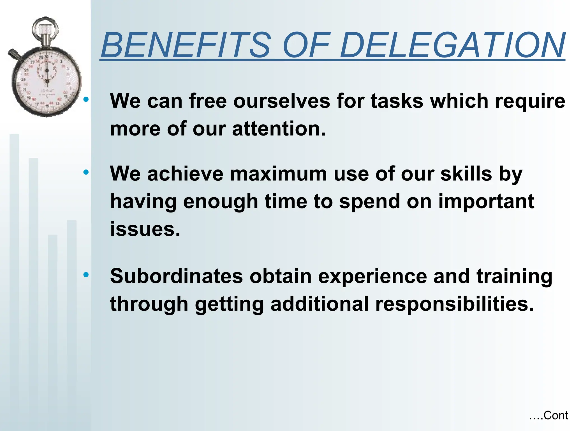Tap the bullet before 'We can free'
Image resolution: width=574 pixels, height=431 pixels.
(86, 99)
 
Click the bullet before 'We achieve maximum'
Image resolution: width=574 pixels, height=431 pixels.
(86, 172)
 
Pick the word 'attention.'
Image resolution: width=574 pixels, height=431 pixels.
(279, 129)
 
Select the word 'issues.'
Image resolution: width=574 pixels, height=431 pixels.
(145, 229)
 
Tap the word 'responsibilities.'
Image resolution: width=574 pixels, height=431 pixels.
(454, 304)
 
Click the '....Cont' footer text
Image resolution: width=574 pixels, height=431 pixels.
(548, 416)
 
